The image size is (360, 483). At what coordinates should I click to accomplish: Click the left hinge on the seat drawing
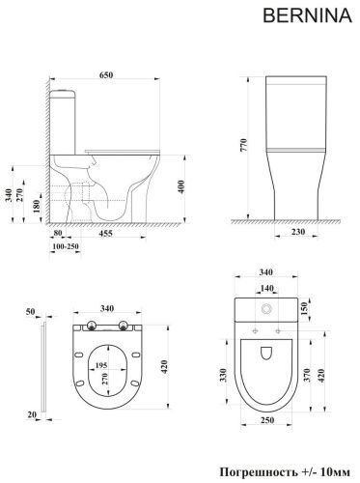(x=90, y=327)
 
